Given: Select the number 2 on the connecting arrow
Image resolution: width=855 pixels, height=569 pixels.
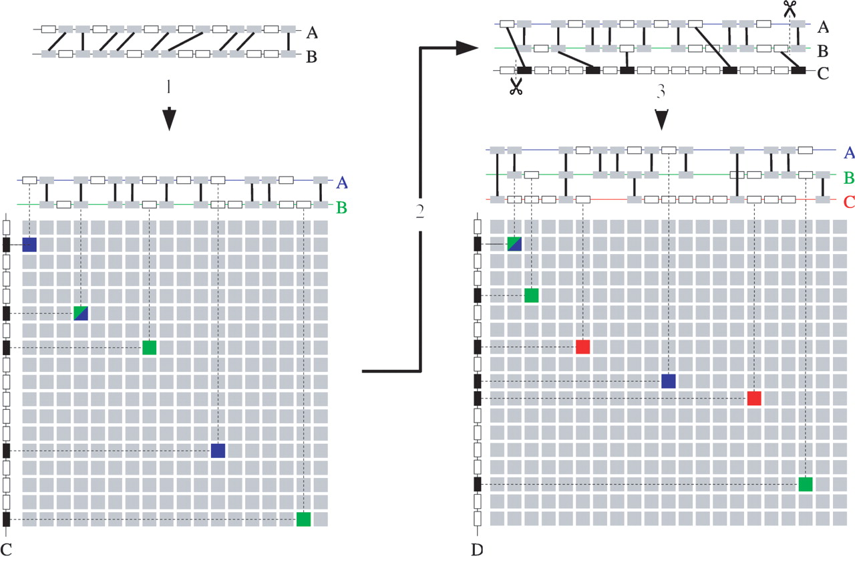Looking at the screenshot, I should tap(420, 212).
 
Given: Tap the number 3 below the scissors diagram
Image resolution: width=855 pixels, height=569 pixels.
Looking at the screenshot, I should tap(661, 94).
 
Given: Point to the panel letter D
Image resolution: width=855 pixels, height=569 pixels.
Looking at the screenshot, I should tap(476, 551).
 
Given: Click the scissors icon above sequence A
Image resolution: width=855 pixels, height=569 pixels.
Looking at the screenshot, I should tap(790, 9).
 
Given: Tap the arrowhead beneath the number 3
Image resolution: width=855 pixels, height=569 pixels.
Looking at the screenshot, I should tap(661, 120).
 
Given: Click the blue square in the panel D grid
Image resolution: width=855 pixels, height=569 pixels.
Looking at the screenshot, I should tap(669, 381).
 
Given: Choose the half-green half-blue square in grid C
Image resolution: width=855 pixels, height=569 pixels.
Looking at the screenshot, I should tap(81, 313).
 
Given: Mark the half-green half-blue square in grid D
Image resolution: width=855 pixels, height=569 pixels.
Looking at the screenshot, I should tap(514, 244).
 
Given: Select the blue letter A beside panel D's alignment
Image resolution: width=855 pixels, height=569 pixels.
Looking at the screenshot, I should tap(849, 152).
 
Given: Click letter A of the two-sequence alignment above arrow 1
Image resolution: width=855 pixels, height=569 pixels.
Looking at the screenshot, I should tap(311, 31).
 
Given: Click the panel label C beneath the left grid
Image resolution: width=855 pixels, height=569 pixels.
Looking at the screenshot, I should tap(7, 551).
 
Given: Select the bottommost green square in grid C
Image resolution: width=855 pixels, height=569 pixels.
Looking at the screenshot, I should tap(304, 519).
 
